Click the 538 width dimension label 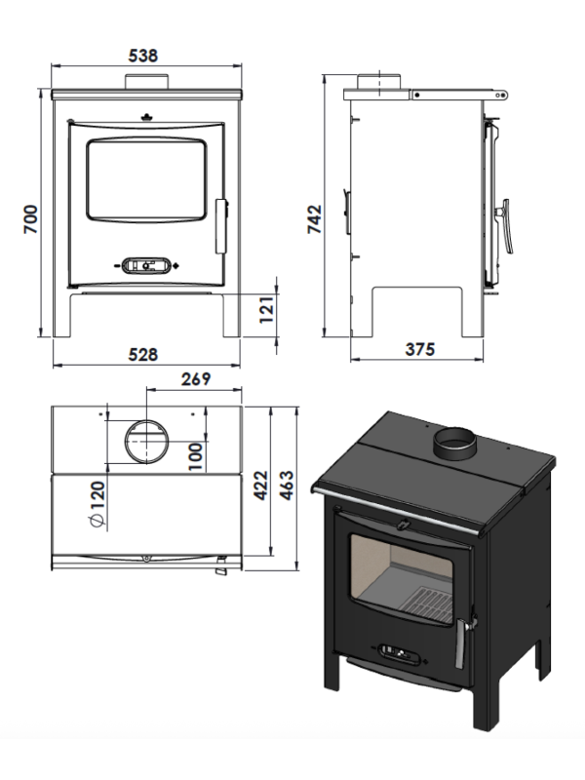tap(142, 56)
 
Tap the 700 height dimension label tap(30, 218)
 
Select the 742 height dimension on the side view tap(315, 218)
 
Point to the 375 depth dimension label tap(420, 349)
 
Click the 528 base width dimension tap(142, 355)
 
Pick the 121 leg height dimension tap(266, 310)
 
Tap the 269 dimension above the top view tap(196, 379)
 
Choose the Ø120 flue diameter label tap(97, 505)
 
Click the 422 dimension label tap(260, 486)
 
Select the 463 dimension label tap(287, 486)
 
